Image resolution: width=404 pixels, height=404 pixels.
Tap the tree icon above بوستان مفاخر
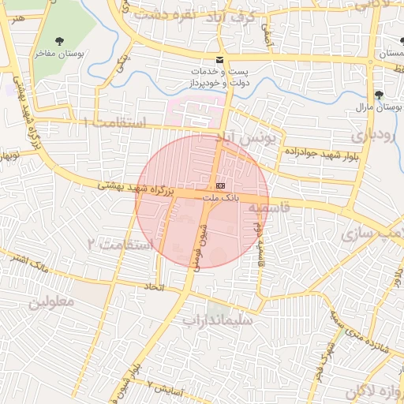point(58,40)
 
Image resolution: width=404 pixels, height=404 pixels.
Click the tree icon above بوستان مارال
point(379,93)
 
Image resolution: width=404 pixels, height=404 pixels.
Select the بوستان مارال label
point(373,106)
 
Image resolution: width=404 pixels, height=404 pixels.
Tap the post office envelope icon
point(219,61)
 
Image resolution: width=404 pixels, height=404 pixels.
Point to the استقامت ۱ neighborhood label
point(115,123)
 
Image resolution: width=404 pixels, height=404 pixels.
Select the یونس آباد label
point(253,141)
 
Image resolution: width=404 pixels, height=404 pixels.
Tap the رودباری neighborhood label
point(370,134)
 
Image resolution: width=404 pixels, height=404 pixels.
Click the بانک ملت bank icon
point(219,185)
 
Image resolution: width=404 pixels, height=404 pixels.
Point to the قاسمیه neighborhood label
point(271,208)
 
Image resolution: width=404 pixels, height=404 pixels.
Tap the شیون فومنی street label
point(193,243)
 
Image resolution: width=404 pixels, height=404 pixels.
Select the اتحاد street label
point(155,287)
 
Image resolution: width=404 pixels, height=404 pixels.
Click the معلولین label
point(52,301)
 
